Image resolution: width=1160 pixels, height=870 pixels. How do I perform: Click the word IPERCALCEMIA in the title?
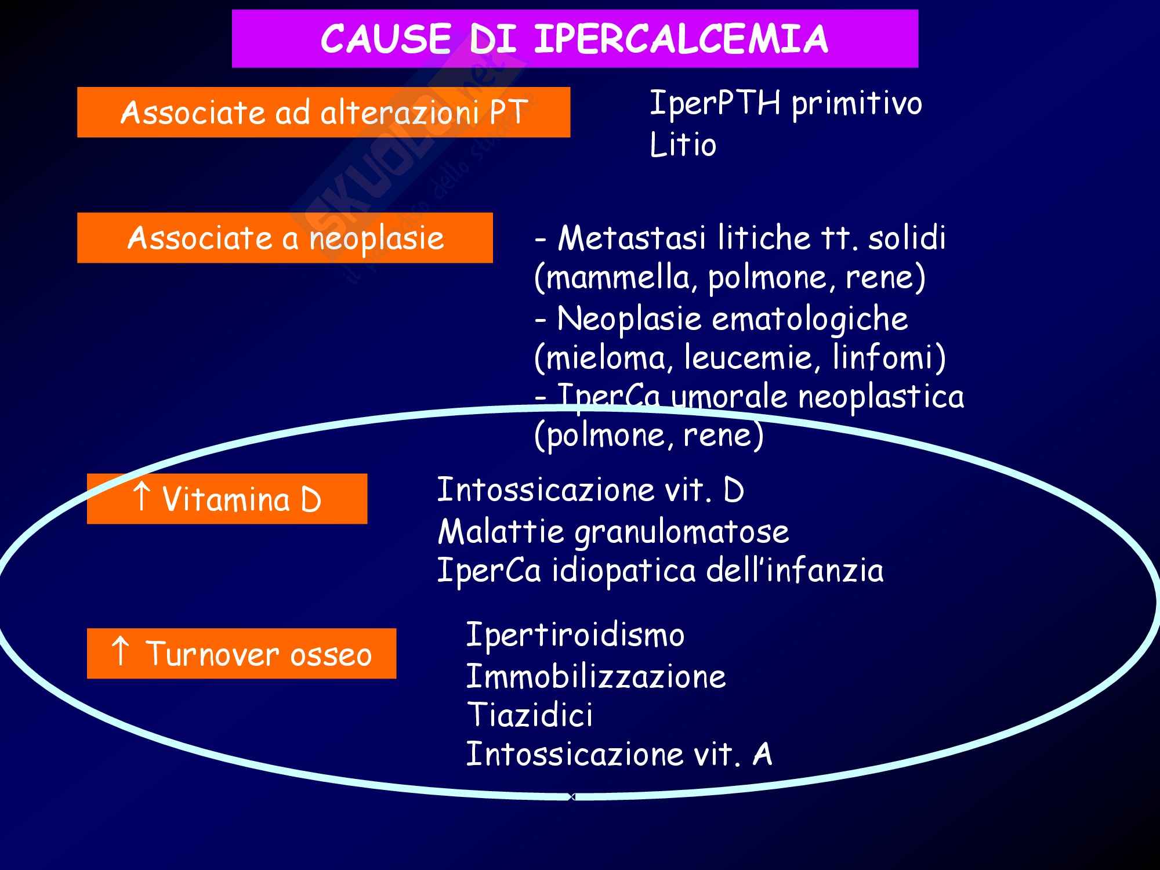[681, 39]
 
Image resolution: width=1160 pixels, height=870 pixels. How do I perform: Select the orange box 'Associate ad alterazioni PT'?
[324, 112]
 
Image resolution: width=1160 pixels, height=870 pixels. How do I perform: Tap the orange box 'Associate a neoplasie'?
[285, 238]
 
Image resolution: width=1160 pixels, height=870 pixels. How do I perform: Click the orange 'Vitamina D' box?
[227, 499]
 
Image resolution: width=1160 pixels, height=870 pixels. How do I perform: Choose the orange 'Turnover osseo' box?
[241, 654]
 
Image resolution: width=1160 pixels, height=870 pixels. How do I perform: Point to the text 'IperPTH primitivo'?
[785, 103]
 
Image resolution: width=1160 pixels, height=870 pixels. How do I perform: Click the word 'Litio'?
[683, 144]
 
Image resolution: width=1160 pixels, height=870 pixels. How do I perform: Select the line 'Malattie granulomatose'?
[613, 531]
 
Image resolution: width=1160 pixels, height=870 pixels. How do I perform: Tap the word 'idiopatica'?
[623, 571]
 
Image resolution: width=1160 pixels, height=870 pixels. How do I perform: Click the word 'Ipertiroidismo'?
[575, 635]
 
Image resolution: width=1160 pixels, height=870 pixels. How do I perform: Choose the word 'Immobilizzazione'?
[596, 676]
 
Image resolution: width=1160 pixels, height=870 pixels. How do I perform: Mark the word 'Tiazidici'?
[530, 715]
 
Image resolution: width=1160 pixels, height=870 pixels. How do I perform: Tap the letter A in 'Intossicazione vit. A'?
[762, 754]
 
